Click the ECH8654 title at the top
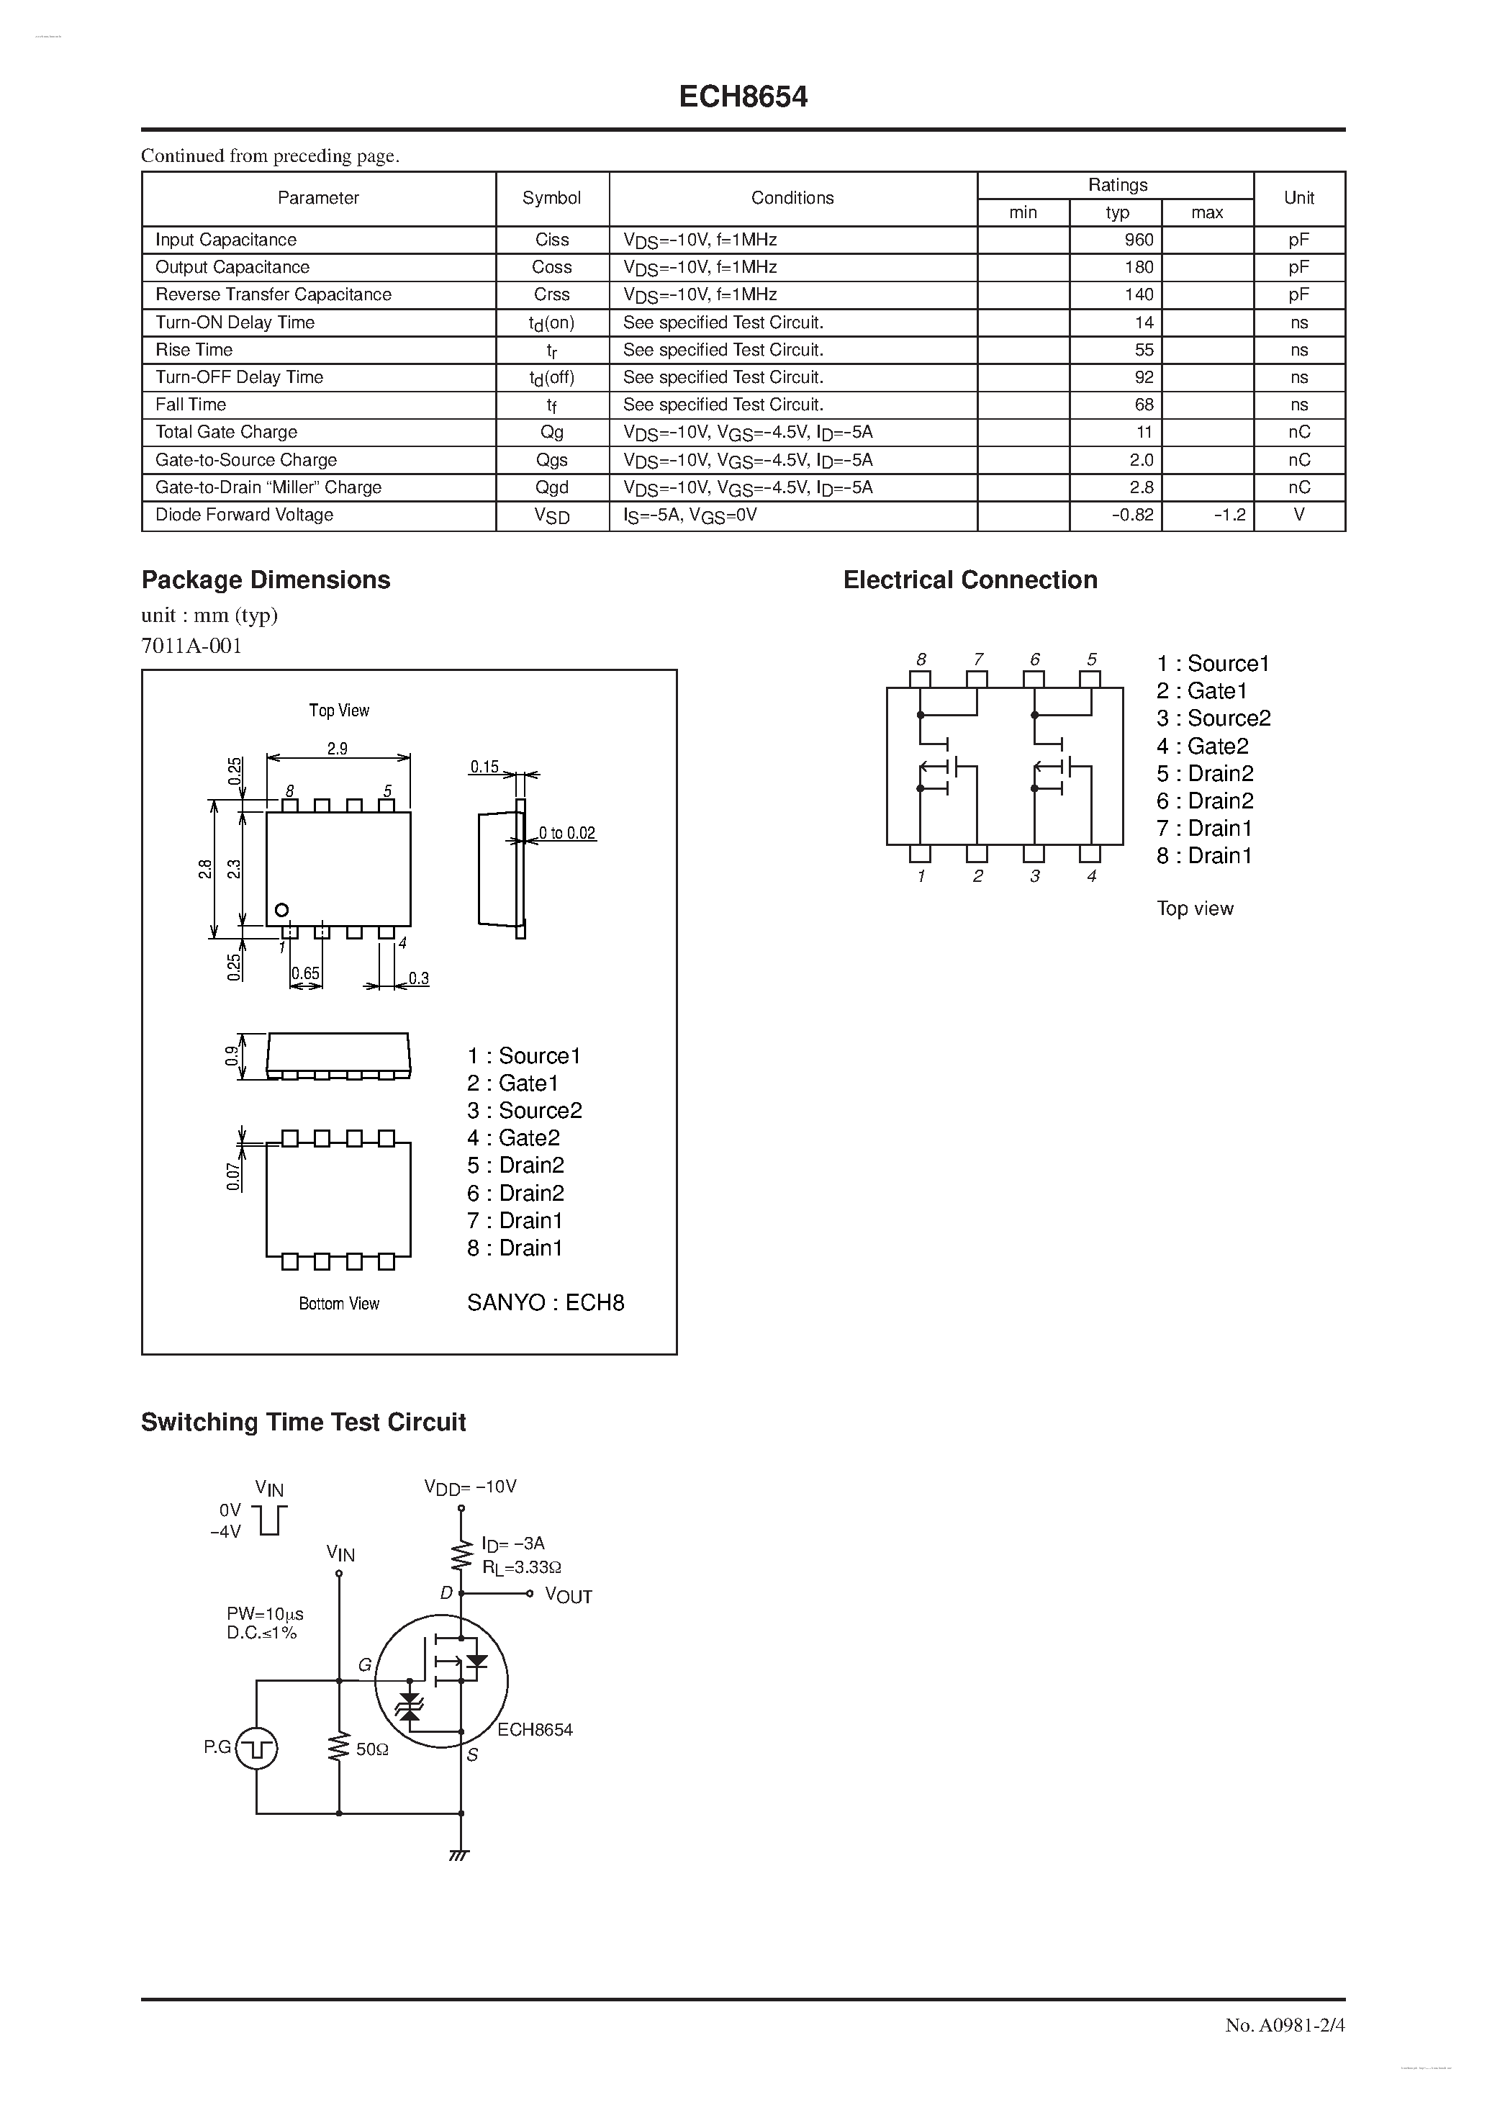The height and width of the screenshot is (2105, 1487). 743,97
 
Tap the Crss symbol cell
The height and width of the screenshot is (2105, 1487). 552,294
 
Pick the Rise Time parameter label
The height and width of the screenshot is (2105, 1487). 194,349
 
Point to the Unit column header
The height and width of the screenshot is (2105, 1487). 1298,198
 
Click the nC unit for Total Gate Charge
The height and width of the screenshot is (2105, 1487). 1298,432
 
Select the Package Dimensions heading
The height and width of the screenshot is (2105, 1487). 266,580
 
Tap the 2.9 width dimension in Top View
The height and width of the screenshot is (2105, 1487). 338,748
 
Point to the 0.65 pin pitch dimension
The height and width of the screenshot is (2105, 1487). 305,973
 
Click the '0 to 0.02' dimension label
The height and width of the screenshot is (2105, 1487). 566,834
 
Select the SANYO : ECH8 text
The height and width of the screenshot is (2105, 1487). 546,1303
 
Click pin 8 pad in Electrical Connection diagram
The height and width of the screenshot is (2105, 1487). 920,680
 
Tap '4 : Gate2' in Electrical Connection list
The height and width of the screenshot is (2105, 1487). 1202,747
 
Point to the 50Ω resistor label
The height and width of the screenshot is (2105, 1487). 372,1749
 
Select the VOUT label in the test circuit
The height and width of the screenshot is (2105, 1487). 569,1596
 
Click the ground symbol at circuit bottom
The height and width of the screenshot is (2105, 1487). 460,1854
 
